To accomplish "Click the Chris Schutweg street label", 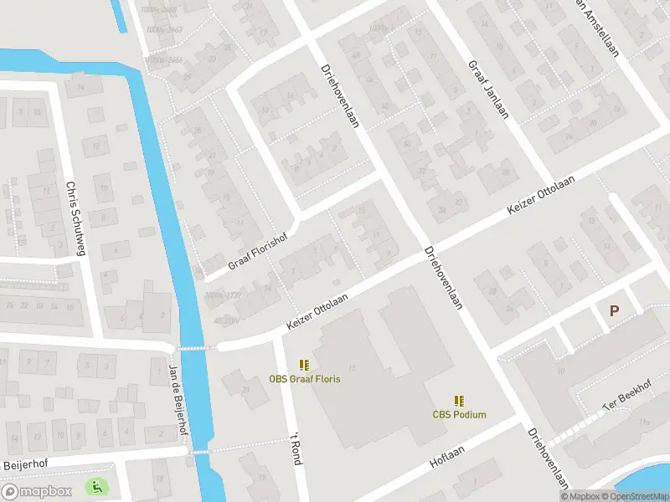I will [x=75, y=218].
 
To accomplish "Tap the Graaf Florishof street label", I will [x=263, y=249].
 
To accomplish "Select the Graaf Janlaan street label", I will [x=488, y=90].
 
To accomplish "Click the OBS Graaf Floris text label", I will [x=305, y=379].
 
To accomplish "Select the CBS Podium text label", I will [x=459, y=414].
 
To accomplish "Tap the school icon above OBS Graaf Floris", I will [x=305, y=365].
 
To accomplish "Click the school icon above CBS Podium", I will [x=459, y=400].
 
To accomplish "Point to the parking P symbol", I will [x=614, y=310].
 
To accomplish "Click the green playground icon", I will [x=96, y=485].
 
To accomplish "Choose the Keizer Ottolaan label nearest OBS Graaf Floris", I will [x=317, y=308].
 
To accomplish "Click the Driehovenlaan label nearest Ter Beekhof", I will [x=549, y=458].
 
